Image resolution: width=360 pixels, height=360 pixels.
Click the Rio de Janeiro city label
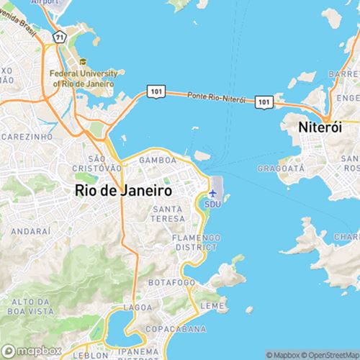[123, 191]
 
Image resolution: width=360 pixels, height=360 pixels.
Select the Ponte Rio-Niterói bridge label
[216, 97]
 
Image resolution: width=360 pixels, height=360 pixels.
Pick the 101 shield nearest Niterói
[264, 104]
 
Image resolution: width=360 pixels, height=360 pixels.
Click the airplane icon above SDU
[213, 193]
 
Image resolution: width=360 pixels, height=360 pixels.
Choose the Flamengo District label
[196, 241]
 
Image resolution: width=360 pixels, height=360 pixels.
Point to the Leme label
[212, 306]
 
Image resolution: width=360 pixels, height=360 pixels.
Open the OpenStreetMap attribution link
[330, 354]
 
